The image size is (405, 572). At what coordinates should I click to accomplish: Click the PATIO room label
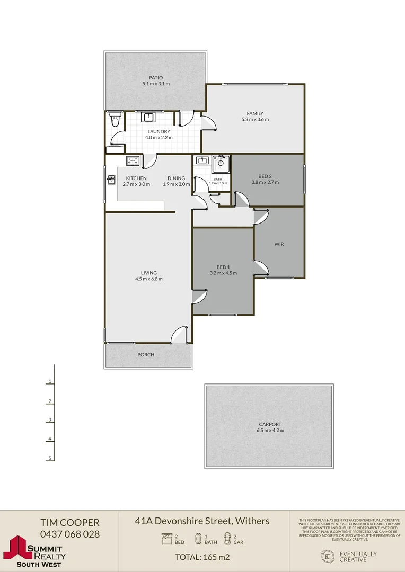point(156,78)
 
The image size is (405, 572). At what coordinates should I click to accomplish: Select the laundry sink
point(148,117)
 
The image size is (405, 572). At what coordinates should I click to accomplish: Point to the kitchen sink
point(111,180)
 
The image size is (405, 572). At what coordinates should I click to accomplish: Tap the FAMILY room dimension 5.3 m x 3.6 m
point(255,120)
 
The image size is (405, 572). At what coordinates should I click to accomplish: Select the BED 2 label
point(265,176)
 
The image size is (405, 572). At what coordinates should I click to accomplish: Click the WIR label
point(280,244)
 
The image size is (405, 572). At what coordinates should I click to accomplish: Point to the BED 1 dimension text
point(223,273)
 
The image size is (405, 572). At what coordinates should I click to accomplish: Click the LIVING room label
point(149,273)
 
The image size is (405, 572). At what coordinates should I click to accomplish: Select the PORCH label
point(146,355)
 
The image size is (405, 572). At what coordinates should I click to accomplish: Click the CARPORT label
point(270,424)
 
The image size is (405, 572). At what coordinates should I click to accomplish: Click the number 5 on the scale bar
point(49,458)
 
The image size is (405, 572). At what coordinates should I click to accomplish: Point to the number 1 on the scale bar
point(49,381)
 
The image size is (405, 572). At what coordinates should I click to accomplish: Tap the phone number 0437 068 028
point(70,534)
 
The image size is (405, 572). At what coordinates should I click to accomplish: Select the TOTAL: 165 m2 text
point(202,557)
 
